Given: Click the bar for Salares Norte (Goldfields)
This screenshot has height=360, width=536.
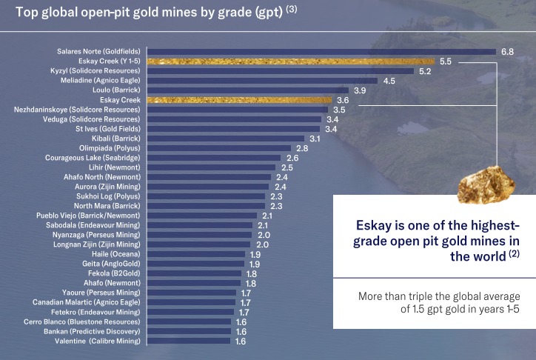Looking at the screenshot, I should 321,52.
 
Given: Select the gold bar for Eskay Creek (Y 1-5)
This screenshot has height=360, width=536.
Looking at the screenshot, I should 290,61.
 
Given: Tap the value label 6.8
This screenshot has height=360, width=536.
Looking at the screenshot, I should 507,52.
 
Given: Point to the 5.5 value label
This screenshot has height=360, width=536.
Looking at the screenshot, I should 445,61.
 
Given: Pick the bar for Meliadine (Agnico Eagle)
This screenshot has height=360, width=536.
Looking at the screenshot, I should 262,81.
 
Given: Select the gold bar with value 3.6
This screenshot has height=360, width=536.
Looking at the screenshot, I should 240,100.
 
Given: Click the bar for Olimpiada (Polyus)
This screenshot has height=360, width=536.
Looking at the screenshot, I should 219,147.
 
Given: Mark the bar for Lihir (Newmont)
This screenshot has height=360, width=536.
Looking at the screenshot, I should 211,167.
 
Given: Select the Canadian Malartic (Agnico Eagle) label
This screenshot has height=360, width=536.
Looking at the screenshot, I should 87,301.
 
